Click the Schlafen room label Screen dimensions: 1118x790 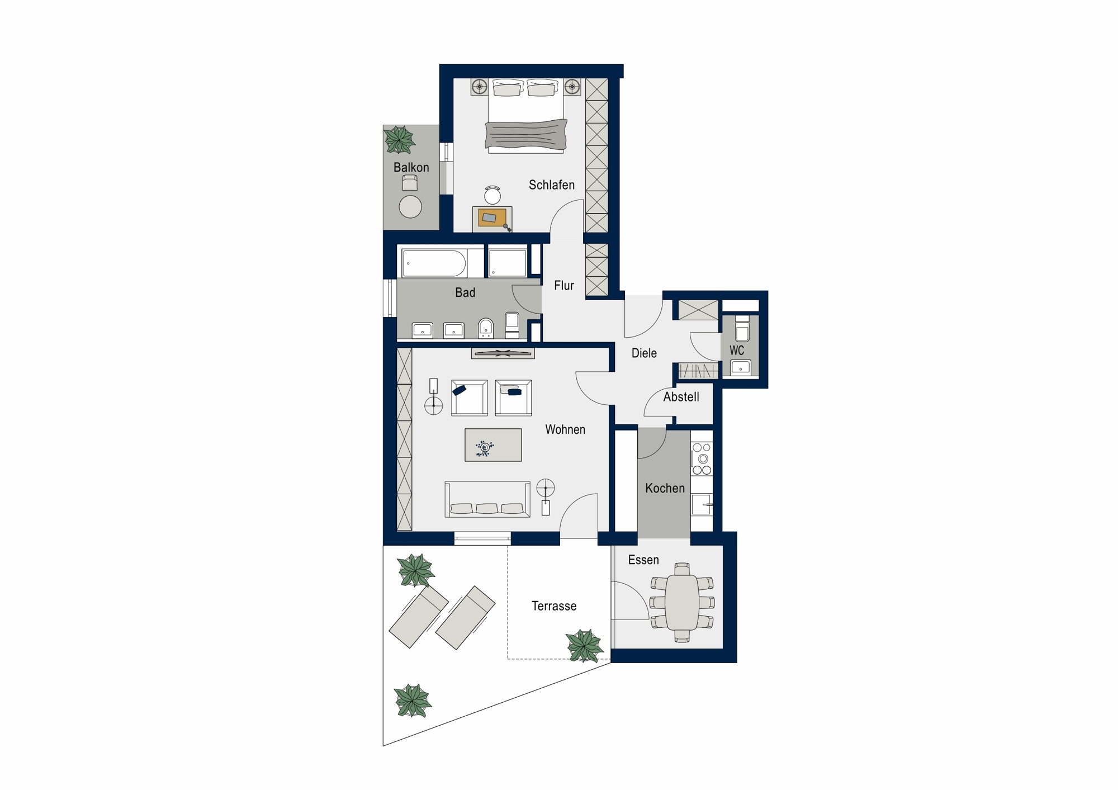pyautogui.click(x=551, y=185)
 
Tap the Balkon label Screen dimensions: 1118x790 pyautogui.click(x=411, y=167)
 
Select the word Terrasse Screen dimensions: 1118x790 pyautogui.click(x=553, y=606)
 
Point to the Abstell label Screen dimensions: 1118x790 pyautogui.click(x=681, y=397)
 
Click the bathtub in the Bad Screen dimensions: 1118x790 pyautogui.click(x=434, y=263)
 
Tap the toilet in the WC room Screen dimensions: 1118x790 pyautogui.click(x=742, y=328)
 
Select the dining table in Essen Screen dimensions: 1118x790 pyautogui.click(x=682, y=602)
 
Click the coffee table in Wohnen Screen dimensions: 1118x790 pyautogui.click(x=493, y=445)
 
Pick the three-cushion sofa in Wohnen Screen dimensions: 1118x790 pyautogui.click(x=487, y=499)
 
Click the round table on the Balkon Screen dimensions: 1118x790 pyautogui.click(x=410, y=207)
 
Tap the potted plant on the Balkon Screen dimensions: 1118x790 pyautogui.click(x=399, y=140)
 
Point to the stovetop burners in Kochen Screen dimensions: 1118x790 pyautogui.click(x=702, y=458)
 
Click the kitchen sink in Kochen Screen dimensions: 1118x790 pyautogui.click(x=702, y=504)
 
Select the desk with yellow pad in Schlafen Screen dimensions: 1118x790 pyautogui.click(x=492, y=219)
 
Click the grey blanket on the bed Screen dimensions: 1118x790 pyautogui.click(x=526, y=135)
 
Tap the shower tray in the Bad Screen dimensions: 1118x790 pyautogui.click(x=508, y=263)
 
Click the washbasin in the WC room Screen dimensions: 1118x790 pyautogui.click(x=741, y=367)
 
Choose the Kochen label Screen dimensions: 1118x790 pyautogui.click(x=665, y=488)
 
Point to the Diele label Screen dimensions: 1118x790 pyautogui.click(x=644, y=353)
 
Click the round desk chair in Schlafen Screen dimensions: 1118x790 pyautogui.click(x=492, y=195)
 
